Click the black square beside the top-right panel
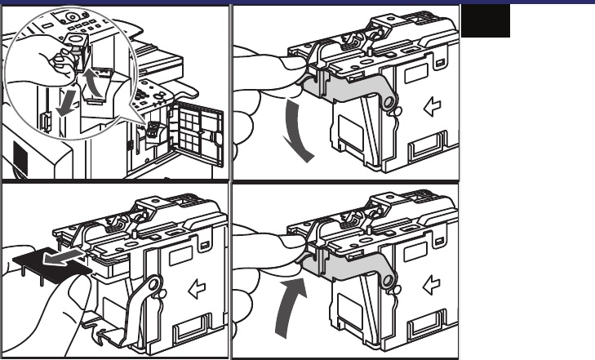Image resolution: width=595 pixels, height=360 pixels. tap(486, 20)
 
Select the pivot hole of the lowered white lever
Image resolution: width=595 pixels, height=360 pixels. tap(153, 288)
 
